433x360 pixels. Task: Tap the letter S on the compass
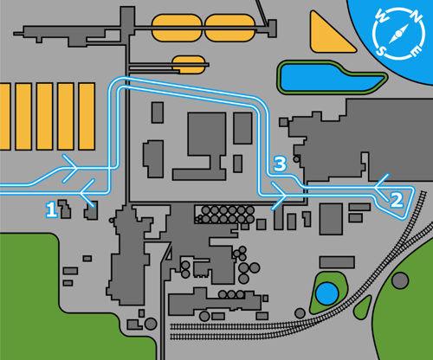pyautogui.click(x=382, y=49)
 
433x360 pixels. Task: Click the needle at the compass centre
pyautogui.click(x=398, y=35)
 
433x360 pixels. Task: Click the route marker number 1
pyautogui.click(x=51, y=209)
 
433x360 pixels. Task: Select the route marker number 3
pyautogui.click(x=279, y=163)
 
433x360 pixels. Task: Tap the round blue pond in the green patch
pyautogui.click(x=327, y=293)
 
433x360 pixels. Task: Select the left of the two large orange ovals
pyautogui.click(x=178, y=28)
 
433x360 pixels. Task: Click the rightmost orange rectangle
pyautogui.click(x=87, y=116)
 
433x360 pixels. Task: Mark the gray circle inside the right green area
pyautogui.click(x=400, y=280)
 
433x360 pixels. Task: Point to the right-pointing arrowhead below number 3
pyautogui.click(x=281, y=200)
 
